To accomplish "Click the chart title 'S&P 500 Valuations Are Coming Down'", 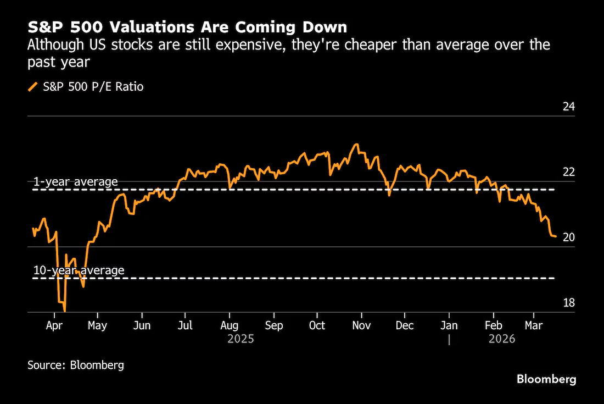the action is click(x=187, y=27).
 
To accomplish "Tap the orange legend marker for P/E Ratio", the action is click(x=33, y=87).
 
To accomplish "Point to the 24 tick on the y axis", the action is click(x=568, y=107).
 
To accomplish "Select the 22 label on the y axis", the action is click(x=568, y=172).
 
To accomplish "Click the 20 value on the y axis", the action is click(x=568, y=237).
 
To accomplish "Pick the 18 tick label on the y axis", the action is click(x=568, y=303).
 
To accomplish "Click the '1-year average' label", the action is click(x=76, y=182).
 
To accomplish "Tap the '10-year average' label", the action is click(x=79, y=270).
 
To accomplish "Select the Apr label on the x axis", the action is click(x=54, y=326).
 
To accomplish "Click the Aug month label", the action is click(x=229, y=326).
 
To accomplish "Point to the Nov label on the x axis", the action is click(x=361, y=326).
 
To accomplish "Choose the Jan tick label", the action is click(x=449, y=326).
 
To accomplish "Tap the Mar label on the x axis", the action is click(x=534, y=326).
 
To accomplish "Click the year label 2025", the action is click(x=241, y=339).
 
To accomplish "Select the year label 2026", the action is click(x=502, y=339).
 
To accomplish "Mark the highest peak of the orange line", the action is click(x=357, y=144).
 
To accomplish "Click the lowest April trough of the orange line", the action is click(x=64, y=311).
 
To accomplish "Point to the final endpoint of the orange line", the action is click(x=556, y=236).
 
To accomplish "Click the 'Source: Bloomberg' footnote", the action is click(x=76, y=365).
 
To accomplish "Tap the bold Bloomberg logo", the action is click(x=546, y=379).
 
